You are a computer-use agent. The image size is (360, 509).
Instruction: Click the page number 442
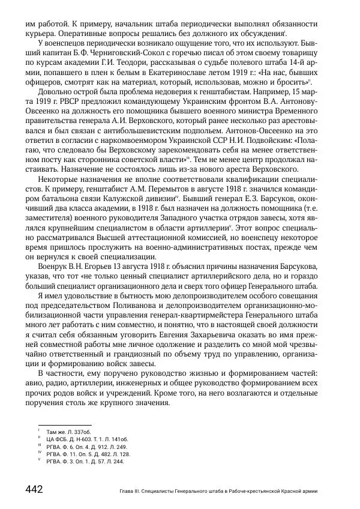coord(33,489)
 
